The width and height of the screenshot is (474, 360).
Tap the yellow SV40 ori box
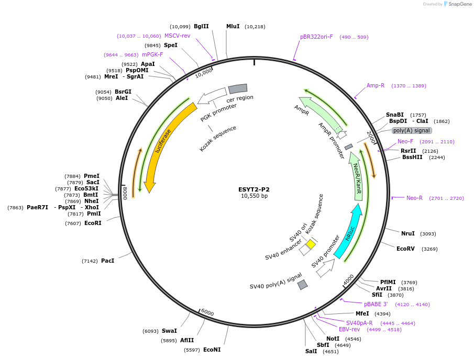pos(311,244)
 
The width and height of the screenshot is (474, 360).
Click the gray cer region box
pos(238,89)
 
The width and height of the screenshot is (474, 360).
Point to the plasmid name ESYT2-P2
pos(254,189)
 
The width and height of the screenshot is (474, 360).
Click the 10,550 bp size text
pos(254,196)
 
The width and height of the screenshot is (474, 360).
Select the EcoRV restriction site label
pos(405,249)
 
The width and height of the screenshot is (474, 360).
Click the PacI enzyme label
pos(107,261)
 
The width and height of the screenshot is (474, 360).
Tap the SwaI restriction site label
pos(169,331)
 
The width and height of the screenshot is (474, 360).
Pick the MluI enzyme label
pos(233,26)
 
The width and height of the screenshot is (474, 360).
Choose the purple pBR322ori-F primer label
pos(316,37)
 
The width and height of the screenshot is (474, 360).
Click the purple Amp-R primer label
pos(376,85)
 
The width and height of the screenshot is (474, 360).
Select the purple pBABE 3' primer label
pos(376,304)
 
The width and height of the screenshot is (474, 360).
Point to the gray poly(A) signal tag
pos(412,130)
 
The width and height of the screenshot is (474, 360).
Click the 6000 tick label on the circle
pos(207,312)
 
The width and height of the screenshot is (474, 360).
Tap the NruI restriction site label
pos(407,233)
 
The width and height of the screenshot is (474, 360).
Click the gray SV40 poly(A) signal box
pos(302,285)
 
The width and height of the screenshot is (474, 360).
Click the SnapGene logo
pos(459,4)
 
